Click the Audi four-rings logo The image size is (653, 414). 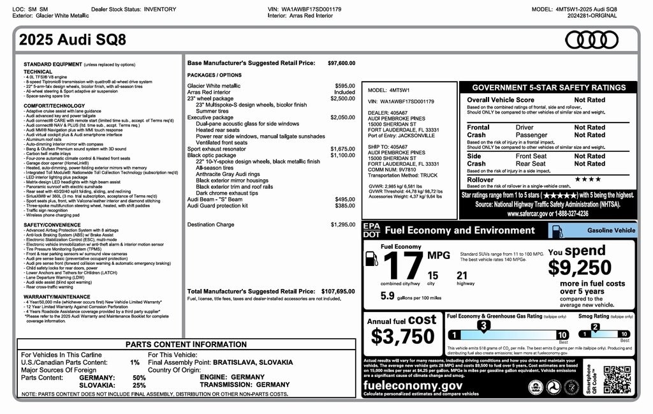(592, 40)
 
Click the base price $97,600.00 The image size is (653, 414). (341, 63)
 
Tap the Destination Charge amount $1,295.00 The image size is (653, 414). (342, 225)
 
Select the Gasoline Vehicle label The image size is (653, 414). (611, 230)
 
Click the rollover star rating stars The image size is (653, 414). (587, 180)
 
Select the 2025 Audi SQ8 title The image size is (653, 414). (73, 40)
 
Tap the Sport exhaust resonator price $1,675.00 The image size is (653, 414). (342, 149)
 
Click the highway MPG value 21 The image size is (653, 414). (462, 276)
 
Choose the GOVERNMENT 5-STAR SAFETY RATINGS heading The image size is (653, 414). (548, 88)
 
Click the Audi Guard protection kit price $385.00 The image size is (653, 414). (344, 206)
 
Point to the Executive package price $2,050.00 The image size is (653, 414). (342, 117)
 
